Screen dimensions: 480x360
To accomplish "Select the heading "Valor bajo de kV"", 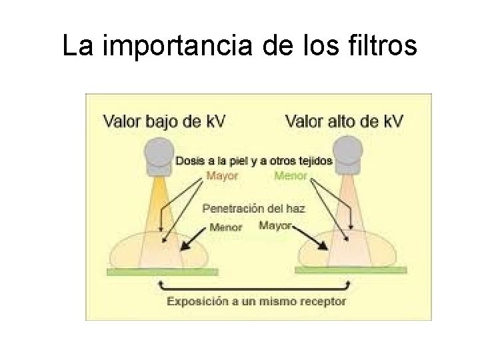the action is coord(164,121).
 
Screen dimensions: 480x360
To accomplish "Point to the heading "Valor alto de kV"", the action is coord(344,121).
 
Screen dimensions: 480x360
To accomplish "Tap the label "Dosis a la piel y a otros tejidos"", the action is coord(254,161).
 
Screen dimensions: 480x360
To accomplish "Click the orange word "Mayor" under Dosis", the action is coord(221,176).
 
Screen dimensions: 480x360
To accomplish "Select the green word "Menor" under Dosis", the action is coord(291,176).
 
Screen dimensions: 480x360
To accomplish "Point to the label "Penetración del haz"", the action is coord(254,209).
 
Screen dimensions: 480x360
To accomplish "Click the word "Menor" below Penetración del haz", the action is coord(226,226).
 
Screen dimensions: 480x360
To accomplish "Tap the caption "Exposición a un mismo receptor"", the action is coord(256,301).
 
